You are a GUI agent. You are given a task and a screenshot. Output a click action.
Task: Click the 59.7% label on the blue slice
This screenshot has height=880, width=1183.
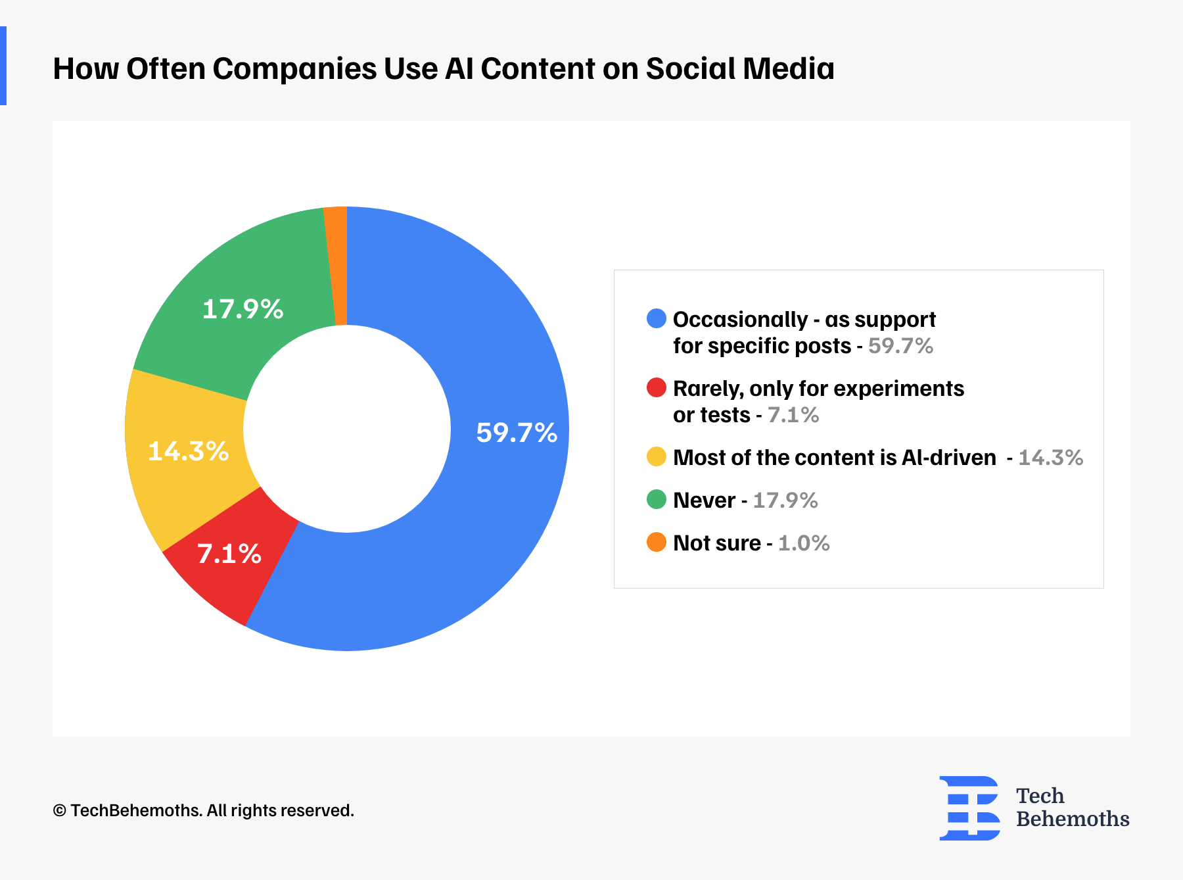click(x=517, y=433)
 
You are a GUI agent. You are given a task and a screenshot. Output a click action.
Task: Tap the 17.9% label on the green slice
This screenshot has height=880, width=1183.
click(x=243, y=309)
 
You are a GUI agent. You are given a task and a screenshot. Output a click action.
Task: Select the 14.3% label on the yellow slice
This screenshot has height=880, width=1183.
click(x=189, y=451)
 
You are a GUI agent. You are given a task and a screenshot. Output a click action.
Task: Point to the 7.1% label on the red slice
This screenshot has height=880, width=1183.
click(x=229, y=554)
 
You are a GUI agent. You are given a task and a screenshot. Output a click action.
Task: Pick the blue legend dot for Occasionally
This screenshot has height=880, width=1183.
click(x=657, y=319)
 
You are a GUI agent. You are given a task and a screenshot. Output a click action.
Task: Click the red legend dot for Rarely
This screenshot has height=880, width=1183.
click(x=657, y=388)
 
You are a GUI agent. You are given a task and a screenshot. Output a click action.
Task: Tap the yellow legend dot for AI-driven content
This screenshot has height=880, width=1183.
click(x=657, y=457)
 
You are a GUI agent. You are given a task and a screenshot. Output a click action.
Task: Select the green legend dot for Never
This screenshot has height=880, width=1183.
click(x=657, y=500)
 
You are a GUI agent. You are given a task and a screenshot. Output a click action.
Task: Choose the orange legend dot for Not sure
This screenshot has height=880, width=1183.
click(x=657, y=543)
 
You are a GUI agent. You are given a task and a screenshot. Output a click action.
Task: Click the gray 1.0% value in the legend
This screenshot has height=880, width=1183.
click(x=804, y=543)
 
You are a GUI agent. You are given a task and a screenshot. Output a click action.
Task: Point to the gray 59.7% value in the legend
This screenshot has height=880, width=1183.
click(x=900, y=346)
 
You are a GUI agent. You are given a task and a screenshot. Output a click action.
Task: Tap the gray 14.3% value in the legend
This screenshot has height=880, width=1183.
click(x=1050, y=458)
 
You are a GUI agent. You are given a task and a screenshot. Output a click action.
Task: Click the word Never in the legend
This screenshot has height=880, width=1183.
click(x=704, y=501)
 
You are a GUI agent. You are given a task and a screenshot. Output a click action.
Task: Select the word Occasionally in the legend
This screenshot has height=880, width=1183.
click(x=740, y=320)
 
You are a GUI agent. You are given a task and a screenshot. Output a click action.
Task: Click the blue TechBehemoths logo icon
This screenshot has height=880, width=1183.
click(x=969, y=808)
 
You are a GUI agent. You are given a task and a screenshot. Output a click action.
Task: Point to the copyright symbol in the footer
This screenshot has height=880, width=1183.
click(x=59, y=811)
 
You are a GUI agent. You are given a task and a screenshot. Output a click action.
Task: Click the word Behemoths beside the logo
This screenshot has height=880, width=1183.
click(x=1073, y=819)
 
